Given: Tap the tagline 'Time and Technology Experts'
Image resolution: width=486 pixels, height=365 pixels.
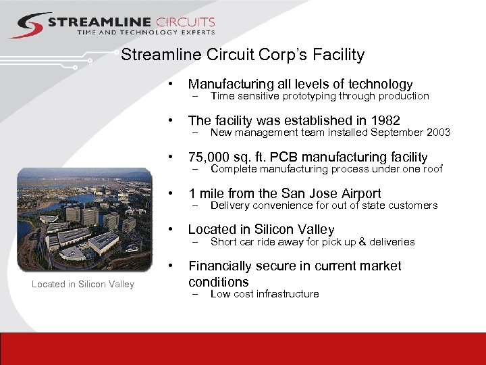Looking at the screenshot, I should point(146,32).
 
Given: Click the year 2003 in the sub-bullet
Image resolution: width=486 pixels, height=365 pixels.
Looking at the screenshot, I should point(437,132).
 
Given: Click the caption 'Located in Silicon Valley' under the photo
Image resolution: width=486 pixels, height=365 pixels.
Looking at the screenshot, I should point(83,285).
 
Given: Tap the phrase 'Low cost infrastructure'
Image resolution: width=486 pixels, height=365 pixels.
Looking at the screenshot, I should point(265,294).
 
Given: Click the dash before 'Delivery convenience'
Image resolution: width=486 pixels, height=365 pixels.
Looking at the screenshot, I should point(195,205).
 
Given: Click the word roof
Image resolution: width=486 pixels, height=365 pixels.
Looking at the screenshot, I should point(431,169).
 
